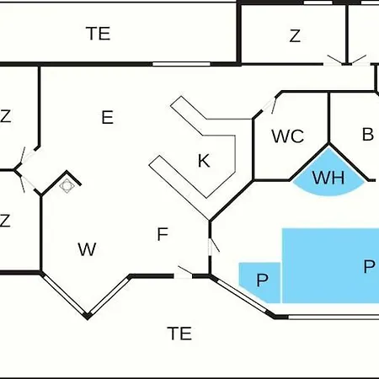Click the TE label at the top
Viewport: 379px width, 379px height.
[98, 34]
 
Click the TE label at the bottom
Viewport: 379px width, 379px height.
[179, 334]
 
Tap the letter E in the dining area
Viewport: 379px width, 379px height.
[108, 117]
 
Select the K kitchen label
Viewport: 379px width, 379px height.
[204, 161]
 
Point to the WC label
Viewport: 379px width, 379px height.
[288, 136]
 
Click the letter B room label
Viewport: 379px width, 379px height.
[368, 134]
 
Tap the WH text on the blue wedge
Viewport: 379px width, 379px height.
[328, 178]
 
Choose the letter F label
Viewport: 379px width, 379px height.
[163, 234]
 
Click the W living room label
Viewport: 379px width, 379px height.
[87, 249]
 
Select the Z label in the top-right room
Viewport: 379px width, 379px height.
[295, 35]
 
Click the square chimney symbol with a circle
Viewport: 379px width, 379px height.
[67, 185]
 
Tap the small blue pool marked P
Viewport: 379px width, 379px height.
[259, 282]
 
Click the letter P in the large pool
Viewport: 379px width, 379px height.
[369, 266]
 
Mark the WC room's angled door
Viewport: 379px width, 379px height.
[268, 106]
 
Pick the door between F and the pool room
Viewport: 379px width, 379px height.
[212, 245]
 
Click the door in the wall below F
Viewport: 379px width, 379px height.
[183, 273]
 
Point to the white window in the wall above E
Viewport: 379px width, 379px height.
[181, 64]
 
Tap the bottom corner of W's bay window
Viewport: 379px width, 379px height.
[88, 317]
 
